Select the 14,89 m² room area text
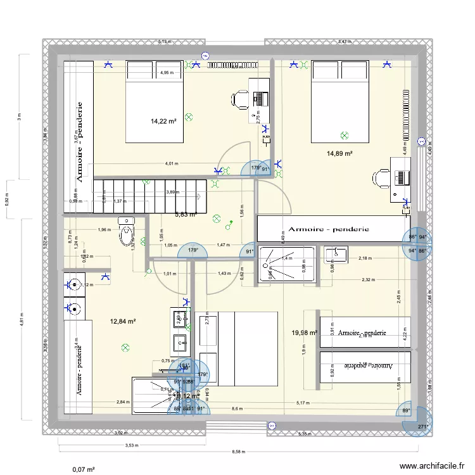pos(339,153)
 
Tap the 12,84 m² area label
pos(123,321)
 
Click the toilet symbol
pos(127,232)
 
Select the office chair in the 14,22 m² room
pos(240,99)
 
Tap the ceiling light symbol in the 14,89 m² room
pos(344,135)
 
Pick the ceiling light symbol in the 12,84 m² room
pos(125,347)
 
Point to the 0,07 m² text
pos(84,469)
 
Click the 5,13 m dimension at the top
pos(164,42)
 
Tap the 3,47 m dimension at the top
pos(344,42)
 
